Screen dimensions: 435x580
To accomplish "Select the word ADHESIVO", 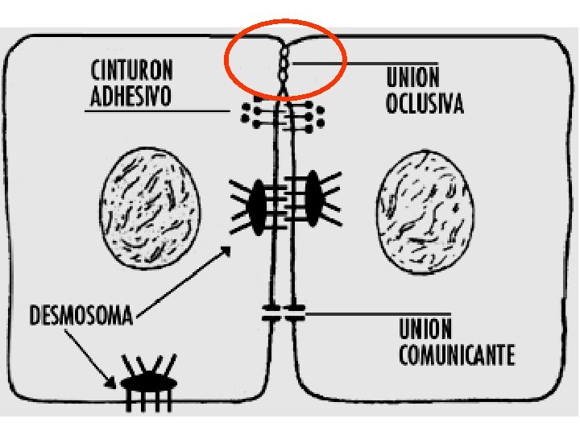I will [x=130, y=96].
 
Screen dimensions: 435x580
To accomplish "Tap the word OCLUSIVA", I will [x=425, y=105].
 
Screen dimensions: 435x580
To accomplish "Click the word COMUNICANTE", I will [x=457, y=355].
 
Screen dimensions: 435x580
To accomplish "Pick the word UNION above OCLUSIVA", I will [x=412, y=78].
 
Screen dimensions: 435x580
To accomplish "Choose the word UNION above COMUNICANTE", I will [x=425, y=329].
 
